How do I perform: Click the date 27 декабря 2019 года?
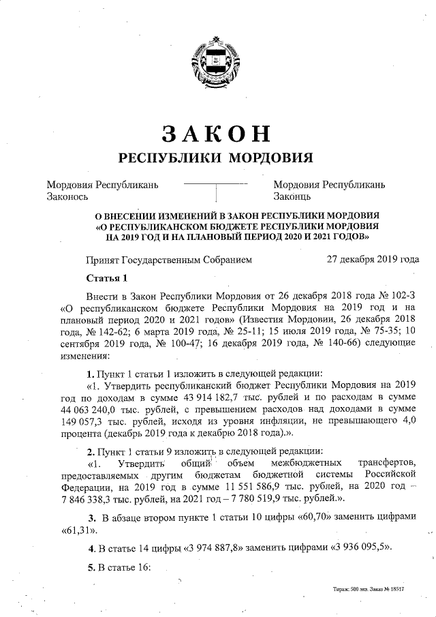tap(373, 259)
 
